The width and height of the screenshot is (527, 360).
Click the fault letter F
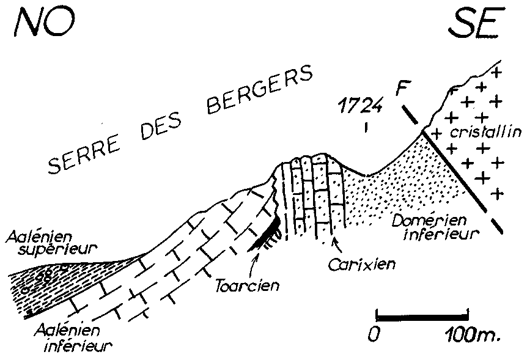(401, 87)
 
